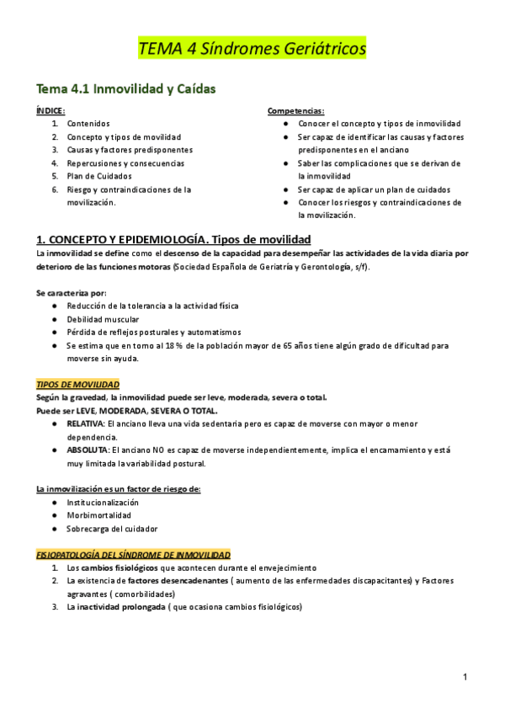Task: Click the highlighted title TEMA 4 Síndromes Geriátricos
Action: click(x=252, y=50)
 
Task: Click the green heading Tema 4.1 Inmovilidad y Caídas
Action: click(x=125, y=88)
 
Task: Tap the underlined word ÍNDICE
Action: click(x=50, y=110)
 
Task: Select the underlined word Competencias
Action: click(x=295, y=110)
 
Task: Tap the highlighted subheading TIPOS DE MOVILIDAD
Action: click(x=77, y=384)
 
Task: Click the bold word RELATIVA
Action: click(x=85, y=424)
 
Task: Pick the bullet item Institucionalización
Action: click(x=103, y=502)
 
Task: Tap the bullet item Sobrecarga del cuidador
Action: click(x=112, y=529)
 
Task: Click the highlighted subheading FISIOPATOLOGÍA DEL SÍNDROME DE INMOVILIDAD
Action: click(x=133, y=555)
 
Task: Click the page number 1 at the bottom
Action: click(x=465, y=677)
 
